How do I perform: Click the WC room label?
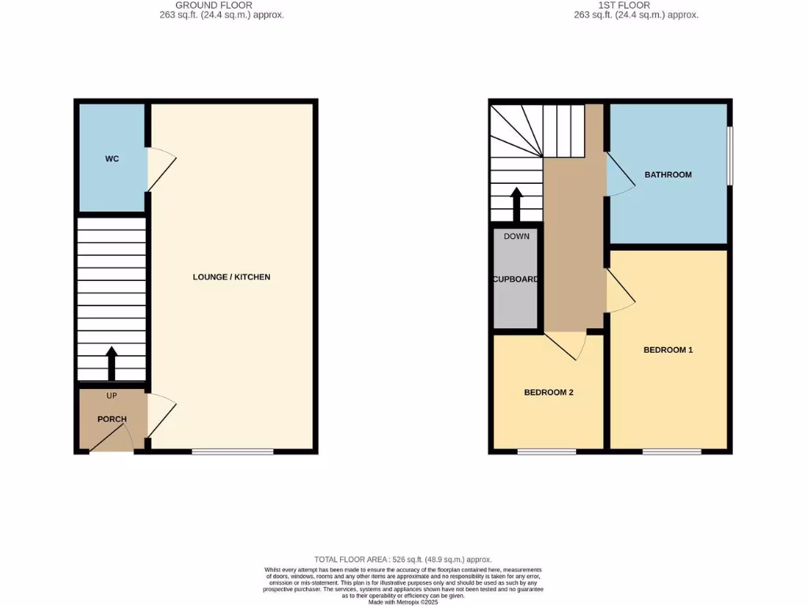click(x=112, y=159)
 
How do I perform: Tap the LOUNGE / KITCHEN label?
click(x=232, y=277)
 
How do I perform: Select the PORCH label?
click(x=112, y=419)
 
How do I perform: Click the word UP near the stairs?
click(x=111, y=395)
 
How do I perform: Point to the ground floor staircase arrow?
click(x=111, y=364)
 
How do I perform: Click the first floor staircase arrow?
click(x=516, y=204)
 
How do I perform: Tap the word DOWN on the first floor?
click(x=516, y=236)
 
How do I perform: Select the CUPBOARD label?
click(x=516, y=279)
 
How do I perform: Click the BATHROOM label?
click(x=668, y=174)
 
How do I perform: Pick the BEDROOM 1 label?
click(x=668, y=350)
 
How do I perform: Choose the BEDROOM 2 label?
click(x=548, y=392)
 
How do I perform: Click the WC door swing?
click(x=161, y=169)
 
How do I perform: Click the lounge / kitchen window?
click(x=233, y=451)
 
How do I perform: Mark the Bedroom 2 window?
click(x=547, y=451)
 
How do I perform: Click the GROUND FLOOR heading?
click(x=214, y=6)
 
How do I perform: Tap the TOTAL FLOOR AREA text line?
click(x=402, y=558)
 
